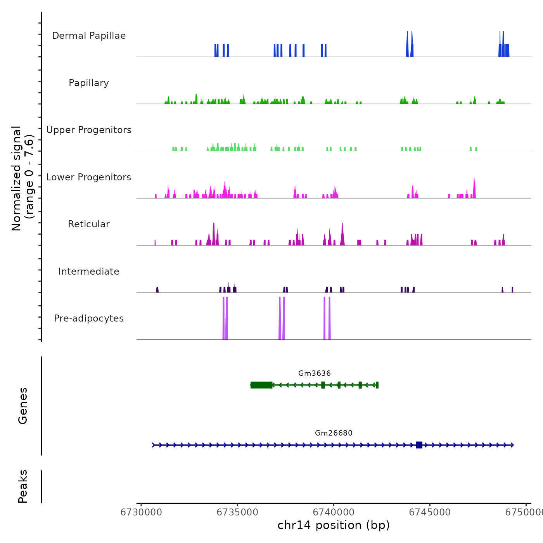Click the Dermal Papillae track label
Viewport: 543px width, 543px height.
click(x=89, y=36)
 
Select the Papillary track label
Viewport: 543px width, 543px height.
click(x=89, y=83)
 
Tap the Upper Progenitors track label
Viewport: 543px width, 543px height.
click(x=89, y=130)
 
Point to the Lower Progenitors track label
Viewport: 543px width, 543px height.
click(x=89, y=177)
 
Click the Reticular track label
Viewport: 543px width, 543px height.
click(x=89, y=224)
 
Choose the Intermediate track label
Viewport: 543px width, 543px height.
click(x=89, y=271)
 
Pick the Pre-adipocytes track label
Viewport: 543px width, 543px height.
click(x=89, y=318)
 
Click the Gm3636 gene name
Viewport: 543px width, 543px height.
click(x=315, y=374)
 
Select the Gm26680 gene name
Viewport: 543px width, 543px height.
click(x=334, y=433)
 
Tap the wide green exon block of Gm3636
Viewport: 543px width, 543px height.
click(x=261, y=385)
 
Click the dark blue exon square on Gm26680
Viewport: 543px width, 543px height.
click(x=419, y=445)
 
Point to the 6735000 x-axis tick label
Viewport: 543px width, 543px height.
click(x=237, y=512)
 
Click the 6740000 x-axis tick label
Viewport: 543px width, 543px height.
click(x=334, y=512)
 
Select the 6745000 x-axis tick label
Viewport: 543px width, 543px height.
click(x=430, y=512)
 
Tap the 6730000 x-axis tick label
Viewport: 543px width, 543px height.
click(x=141, y=512)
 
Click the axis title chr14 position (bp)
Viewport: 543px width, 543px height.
click(x=334, y=525)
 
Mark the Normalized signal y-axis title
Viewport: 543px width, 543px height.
click(x=22, y=178)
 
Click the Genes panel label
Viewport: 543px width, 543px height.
click(x=23, y=406)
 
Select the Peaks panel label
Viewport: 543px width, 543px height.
click(x=23, y=486)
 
